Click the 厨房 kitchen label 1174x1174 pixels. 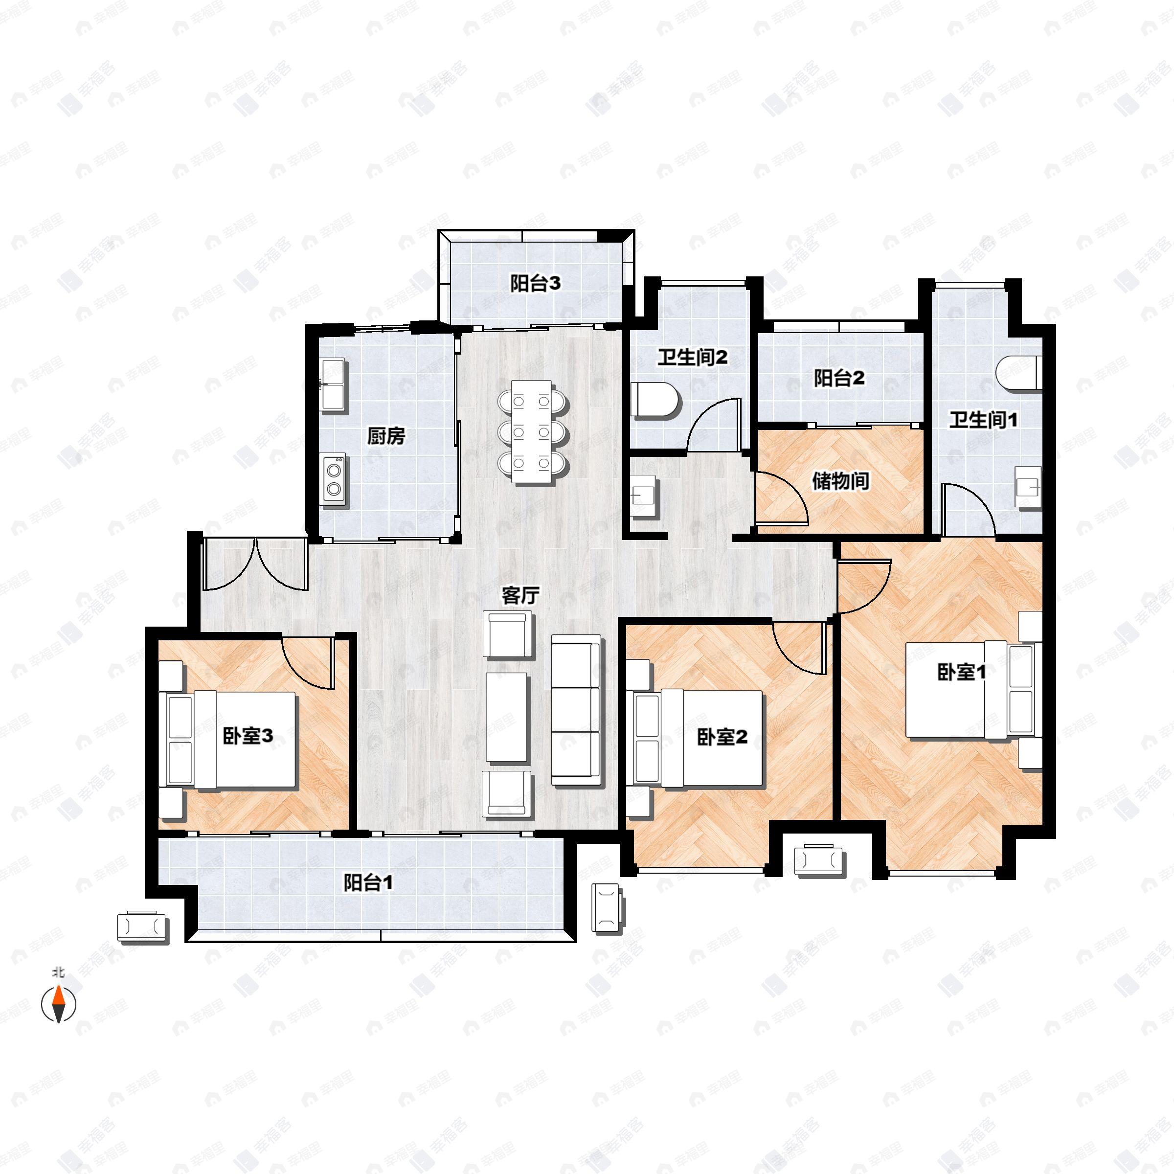point(386,436)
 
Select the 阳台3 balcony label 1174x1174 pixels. point(535,283)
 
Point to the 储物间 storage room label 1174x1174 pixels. point(840,481)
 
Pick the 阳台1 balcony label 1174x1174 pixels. point(368,882)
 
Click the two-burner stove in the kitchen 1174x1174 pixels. point(334,479)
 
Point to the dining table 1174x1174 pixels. point(532,431)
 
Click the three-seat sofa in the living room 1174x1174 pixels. point(576,711)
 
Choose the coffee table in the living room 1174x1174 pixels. point(506,717)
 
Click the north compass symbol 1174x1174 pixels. point(58,1004)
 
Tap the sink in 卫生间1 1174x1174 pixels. point(1029,487)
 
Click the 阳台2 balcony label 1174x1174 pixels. point(839,378)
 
